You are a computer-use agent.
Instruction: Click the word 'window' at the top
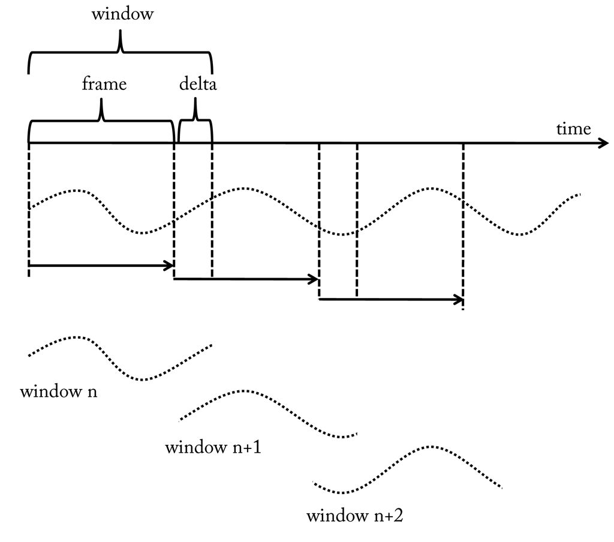[x=122, y=14]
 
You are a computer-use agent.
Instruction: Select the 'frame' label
[x=104, y=84]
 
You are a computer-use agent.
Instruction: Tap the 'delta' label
[x=198, y=84]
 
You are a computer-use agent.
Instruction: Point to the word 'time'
[x=573, y=128]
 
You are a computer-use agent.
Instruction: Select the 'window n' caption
[x=59, y=393]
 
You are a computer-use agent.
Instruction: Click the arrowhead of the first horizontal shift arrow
[x=170, y=264]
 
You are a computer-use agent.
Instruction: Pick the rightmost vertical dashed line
[x=463, y=228]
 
